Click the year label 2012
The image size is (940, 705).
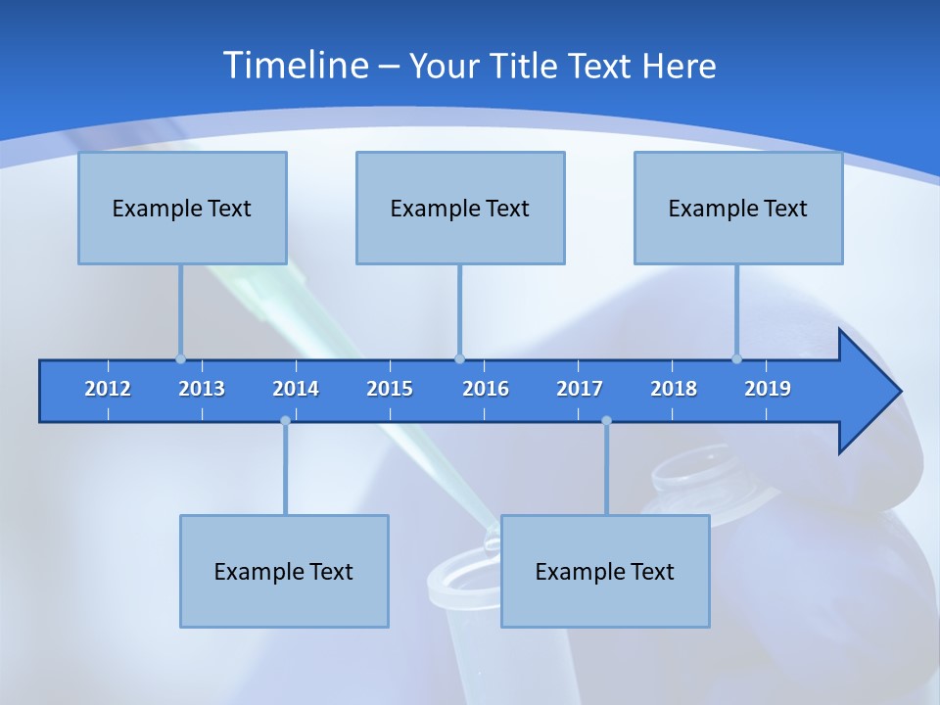point(108,389)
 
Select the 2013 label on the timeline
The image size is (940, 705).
point(202,389)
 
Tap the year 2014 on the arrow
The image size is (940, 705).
point(296,389)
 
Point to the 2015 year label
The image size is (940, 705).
point(390,389)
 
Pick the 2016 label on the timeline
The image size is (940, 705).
point(486,389)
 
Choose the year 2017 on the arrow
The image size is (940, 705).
point(580,389)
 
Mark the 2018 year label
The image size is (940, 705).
point(674,389)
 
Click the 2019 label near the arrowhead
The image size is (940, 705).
point(768,389)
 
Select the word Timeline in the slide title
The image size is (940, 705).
point(295,66)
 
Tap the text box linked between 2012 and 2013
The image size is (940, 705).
point(182,208)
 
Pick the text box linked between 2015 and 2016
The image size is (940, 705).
point(460,208)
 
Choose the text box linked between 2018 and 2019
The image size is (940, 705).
point(738,208)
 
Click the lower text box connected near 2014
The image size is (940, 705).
point(284,571)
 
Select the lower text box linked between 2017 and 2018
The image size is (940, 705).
point(605,571)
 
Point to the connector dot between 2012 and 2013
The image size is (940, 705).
point(180,358)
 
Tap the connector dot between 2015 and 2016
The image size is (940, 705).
point(459,358)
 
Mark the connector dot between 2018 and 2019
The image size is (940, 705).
point(736,358)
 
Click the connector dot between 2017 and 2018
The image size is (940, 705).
point(606,421)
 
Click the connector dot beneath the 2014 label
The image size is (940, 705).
point(285,421)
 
